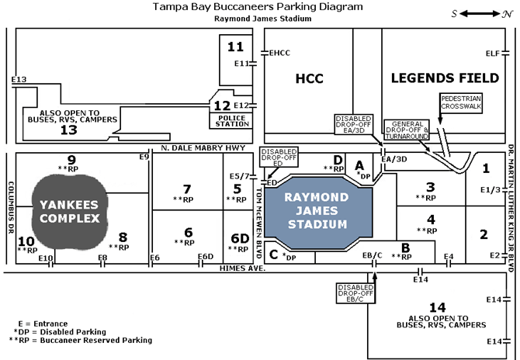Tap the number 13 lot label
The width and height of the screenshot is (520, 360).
(x=69, y=130)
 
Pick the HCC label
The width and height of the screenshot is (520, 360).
(x=309, y=78)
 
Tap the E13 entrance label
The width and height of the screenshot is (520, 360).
(x=19, y=79)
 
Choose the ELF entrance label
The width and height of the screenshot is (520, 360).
(x=491, y=53)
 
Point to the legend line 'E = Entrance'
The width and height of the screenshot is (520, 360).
(x=42, y=323)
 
